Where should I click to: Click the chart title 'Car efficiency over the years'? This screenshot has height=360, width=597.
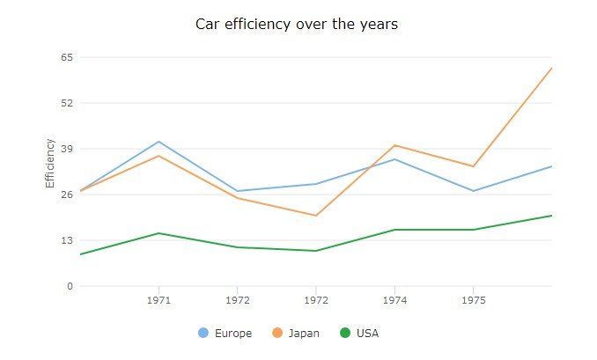pyautogui.click(x=297, y=25)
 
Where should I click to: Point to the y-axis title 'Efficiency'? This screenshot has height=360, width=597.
pyautogui.click(x=50, y=164)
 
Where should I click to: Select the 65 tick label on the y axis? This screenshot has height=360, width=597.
pyautogui.click(x=65, y=57)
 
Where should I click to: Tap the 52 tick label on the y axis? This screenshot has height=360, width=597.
pyautogui.click(x=65, y=103)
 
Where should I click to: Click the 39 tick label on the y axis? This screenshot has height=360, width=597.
pyautogui.click(x=65, y=149)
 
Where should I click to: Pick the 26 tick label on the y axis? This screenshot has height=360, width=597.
pyautogui.click(x=65, y=195)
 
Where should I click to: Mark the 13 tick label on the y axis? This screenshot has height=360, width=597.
pyautogui.click(x=65, y=240)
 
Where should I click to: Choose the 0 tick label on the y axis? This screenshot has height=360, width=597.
pyautogui.click(x=69, y=286)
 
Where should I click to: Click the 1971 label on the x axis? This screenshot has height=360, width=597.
pyautogui.click(x=158, y=300)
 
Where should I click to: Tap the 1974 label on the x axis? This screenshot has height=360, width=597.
pyautogui.click(x=394, y=300)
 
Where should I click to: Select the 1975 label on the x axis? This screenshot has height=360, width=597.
pyautogui.click(x=473, y=300)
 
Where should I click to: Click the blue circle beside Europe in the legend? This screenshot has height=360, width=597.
pyautogui.click(x=203, y=333)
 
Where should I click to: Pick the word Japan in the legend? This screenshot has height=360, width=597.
pyautogui.click(x=304, y=334)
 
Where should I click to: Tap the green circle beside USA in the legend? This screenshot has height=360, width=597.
pyautogui.click(x=345, y=333)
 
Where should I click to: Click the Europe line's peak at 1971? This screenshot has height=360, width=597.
pyautogui.click(x=158, y=142)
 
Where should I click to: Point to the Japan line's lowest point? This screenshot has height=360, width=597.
pyautogui.click(x=316, y=216)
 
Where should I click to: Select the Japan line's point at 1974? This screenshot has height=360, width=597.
pyautogui.click(x=394, y=145)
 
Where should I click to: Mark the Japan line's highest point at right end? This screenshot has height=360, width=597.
pyautogui.click(x=551, y=68)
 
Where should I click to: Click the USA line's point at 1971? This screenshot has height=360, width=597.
pyautogui.click(x=158, y=233)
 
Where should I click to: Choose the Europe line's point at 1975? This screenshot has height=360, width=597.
pyautogui.click(x=473, y=191)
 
